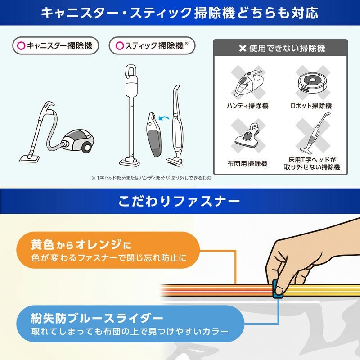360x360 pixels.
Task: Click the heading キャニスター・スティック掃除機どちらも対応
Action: [180, 13]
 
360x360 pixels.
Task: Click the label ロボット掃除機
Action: [311, 106]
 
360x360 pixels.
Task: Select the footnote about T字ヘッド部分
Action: [152, 178]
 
